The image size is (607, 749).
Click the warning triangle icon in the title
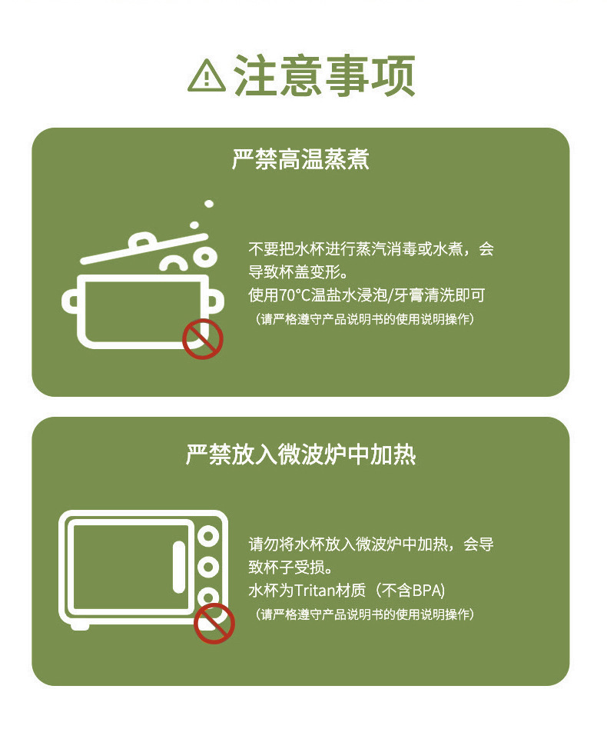coord(206,75)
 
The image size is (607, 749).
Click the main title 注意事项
coord(324,75)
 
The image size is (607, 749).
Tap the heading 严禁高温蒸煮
coord(300,160)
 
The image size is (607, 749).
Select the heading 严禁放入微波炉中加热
coord(300,454)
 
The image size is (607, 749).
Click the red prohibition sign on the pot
coord(202,339)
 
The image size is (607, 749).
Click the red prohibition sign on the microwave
coord(214,623)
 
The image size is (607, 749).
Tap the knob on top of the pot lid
coord(144,241)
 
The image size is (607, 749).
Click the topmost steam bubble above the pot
coord(208,204)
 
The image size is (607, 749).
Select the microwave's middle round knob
coord(207,567)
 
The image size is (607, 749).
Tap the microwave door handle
coord(178,566)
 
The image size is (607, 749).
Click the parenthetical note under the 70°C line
coord(364,318)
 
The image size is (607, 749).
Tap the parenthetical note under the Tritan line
coord(364,614)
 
